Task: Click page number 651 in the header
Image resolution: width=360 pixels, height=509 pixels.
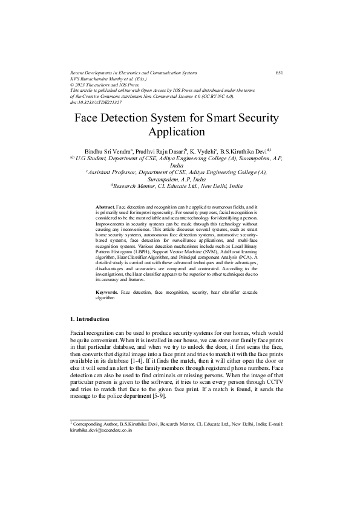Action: click(280, 73)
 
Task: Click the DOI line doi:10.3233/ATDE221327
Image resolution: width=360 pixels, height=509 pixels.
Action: click(96, 102)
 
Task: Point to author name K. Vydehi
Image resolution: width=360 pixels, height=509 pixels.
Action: click(208, 149)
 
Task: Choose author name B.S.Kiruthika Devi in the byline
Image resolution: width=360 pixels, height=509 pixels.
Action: click(244, 149)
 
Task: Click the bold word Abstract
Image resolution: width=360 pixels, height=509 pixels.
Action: click(105, 207)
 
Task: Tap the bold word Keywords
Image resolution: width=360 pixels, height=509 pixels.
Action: click(107, 292)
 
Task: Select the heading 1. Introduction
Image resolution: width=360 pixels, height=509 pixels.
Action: click(90, 319)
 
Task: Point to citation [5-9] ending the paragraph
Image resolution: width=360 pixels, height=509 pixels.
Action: click(167, 404)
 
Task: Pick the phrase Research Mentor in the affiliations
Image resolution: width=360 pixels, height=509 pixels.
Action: click(140, 187)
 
